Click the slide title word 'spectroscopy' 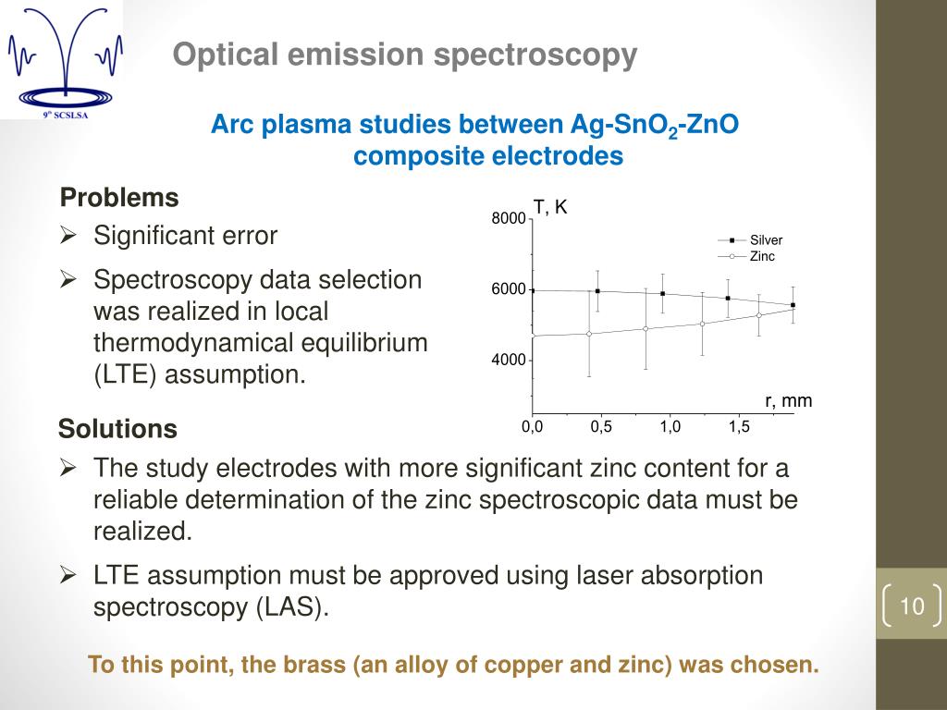pyautogui.click(x=535, y=55)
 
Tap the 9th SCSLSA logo pyautogui.click(x=61, y=61)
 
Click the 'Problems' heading pyautogui.click(x=119, y=198)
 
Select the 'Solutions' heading pyautogui.click(x=117, y=429)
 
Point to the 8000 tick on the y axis pyautogui.click(x=508, y=219)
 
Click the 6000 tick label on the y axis pyautogui.click(x=508, y=289)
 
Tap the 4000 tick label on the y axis pyautogui.click(x=508, y=360)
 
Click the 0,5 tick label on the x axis pyautogui.click(x=601, y=427)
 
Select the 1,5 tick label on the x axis pyautogui.click(x=738, y=427)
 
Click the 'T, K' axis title pyautogui.click(x=549, y=208)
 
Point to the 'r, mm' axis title pyautogui.click(x=788, y=400)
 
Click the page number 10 pyautogui.click(x=912, y=606)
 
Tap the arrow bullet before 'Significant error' pyautogui.click(x=68, y=236)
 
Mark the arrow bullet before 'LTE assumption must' pyautogui.click(x=68, y=575)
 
